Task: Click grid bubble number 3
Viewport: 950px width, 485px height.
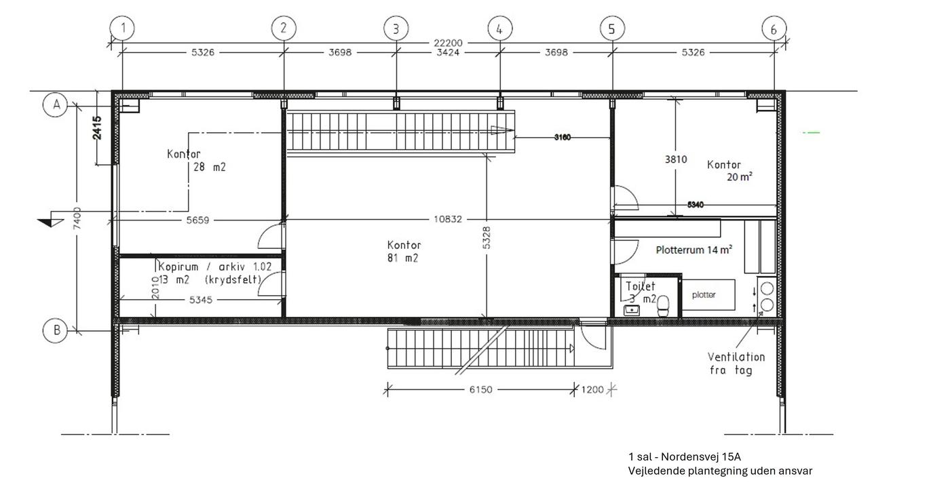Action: pos(396,28)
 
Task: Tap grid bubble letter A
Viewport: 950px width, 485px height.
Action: pos(56,104)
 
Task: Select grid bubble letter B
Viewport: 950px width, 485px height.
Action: pos(56,330)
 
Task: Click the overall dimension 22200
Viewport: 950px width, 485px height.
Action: pos(448,43)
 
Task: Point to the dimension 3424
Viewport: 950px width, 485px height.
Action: pos(448,53)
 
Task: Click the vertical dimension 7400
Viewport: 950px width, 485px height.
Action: pos(77,218)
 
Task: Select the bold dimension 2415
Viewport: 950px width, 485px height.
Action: pos(97,128)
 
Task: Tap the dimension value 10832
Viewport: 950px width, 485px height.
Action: pos(447,219)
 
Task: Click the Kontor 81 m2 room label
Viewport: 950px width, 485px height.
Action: pos(403,252)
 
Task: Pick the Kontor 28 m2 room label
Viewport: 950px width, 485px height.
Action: pos(196,160)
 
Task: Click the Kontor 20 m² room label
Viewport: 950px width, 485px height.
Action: pos(729,170)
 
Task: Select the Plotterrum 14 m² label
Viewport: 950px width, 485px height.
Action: pos(693,250)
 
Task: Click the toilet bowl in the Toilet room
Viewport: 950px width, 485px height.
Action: pos(663,306)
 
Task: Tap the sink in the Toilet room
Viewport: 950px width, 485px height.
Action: pos(632,311)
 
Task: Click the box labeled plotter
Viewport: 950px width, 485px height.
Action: pos(708,294)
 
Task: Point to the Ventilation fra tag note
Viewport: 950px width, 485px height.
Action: pos(736,364)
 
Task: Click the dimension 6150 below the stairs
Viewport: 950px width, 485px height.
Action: pos(480,389)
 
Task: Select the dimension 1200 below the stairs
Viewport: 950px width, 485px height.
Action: pos(592,389)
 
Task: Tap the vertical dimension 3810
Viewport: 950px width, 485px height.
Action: pos(676,159)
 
